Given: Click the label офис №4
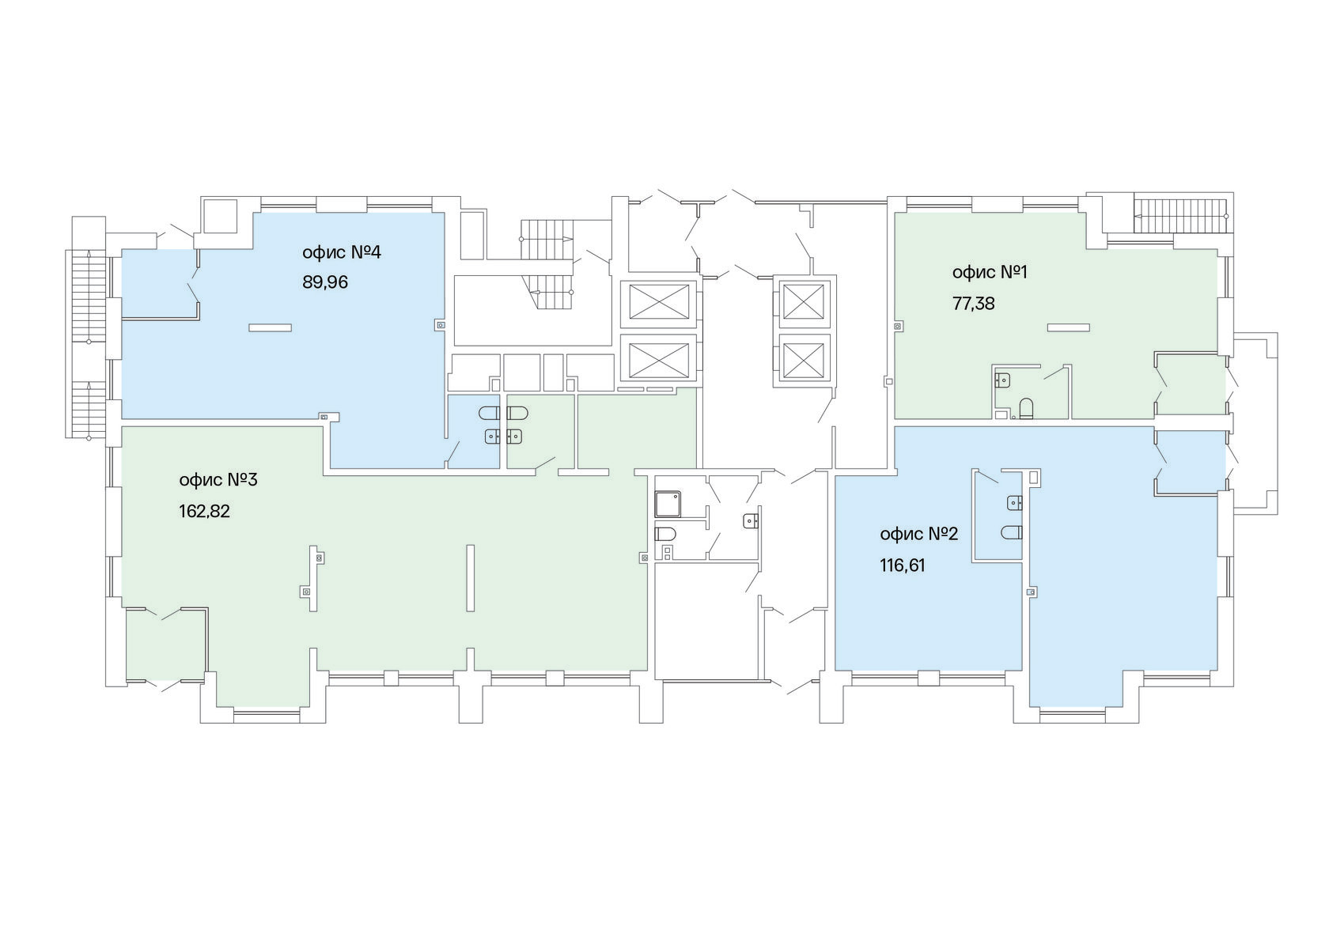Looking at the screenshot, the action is pos(341,253).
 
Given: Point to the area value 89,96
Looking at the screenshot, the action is pos(325,282).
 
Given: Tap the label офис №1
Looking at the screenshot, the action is pos(990,272).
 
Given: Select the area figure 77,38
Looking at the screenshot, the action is pos(973,304).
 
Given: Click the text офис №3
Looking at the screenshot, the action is pos(218,480).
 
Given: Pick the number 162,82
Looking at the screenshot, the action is pos(204,511).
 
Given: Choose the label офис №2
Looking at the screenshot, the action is pos(919,535).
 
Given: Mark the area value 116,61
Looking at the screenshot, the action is pos(903,566).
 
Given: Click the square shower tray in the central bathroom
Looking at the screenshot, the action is pos(668,504).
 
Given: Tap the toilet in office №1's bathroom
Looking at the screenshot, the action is pos(1026,409).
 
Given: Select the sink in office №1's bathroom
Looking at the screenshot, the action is pos(1003,378).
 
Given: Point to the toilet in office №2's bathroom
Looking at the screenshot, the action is pos(1012,532).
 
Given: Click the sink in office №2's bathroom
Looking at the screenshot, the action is pos(1014,504).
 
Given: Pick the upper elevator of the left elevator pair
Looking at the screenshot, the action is pos(658,304).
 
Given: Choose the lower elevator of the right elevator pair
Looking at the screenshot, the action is pos(804,357).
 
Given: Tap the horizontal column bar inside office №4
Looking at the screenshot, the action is pos(270,327).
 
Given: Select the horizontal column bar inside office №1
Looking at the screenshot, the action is pos(1069,327).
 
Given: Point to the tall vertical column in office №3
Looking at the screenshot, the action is pos(471,577).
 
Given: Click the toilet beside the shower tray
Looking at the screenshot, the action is pos(664,534).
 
